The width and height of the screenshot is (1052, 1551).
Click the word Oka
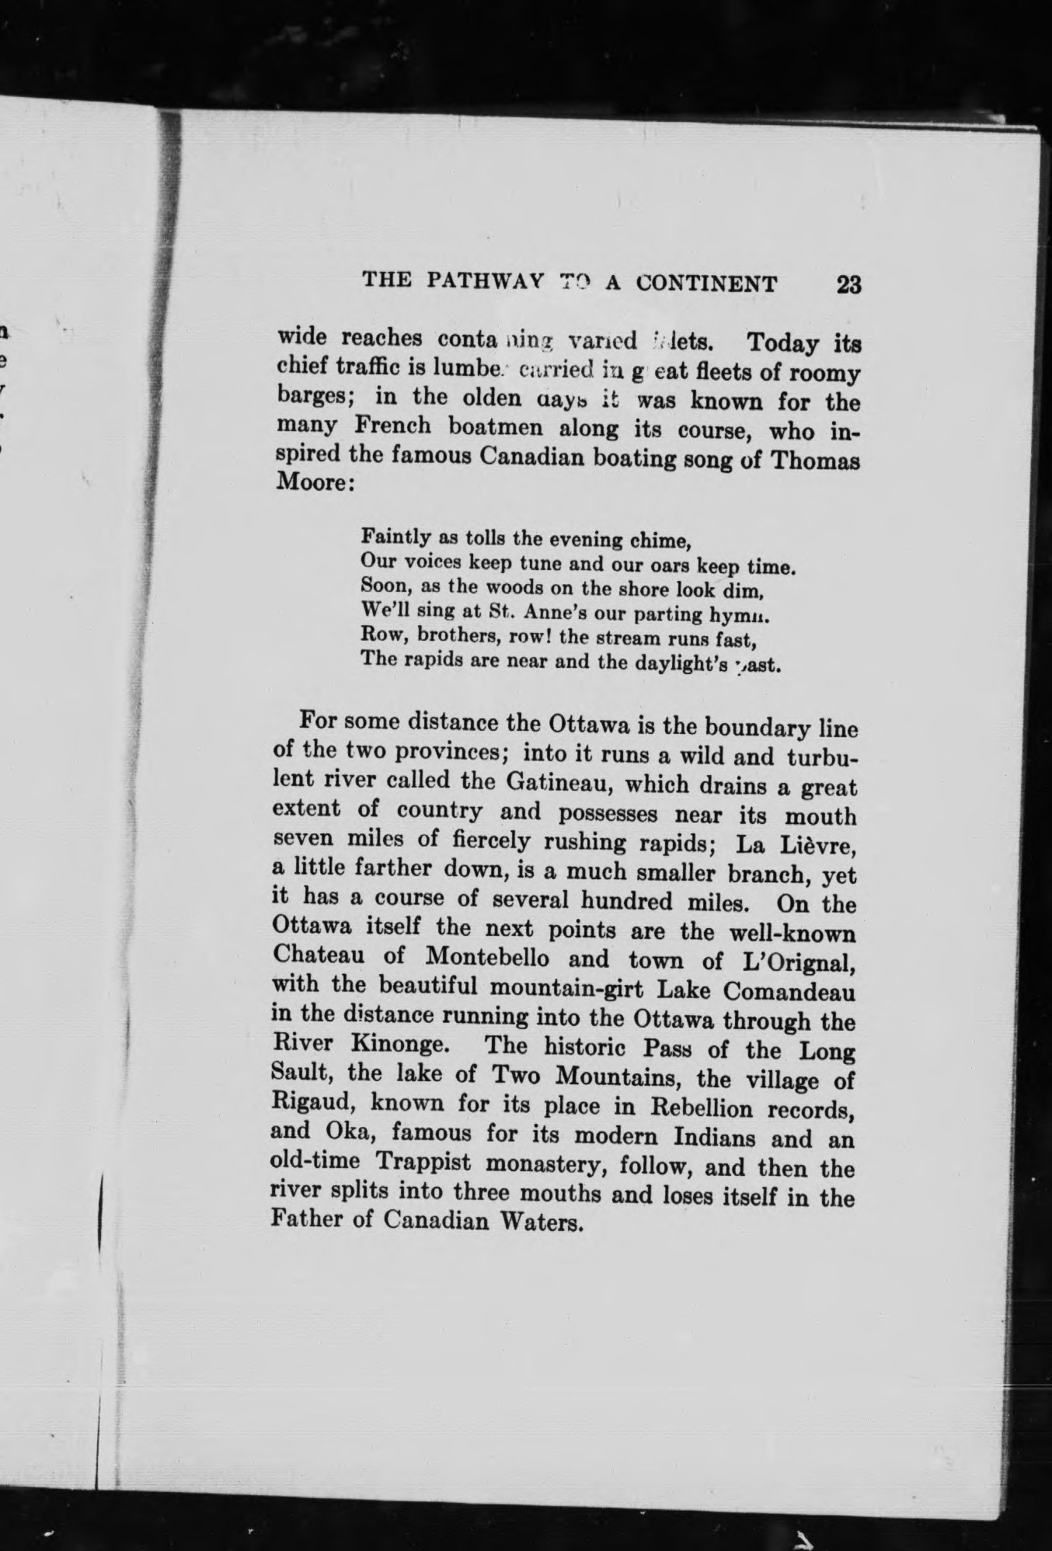[345, 1132]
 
